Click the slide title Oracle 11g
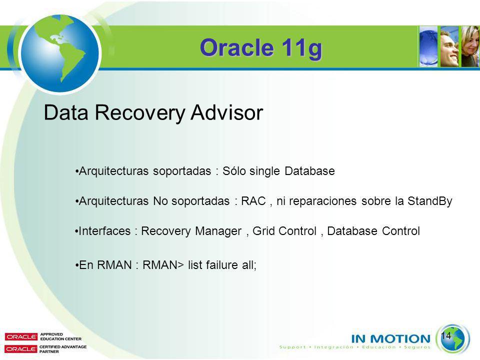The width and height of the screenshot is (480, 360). tap(261, 48)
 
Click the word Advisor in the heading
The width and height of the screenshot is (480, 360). tap(226, 112)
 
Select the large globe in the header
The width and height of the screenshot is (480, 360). tap(59, 53)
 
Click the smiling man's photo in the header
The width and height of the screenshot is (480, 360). tap(449, 46)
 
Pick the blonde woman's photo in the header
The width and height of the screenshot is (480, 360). tap(470, 46)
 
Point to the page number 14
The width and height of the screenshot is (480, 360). tap(446, 335)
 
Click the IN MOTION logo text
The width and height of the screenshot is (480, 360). tap(391, 338)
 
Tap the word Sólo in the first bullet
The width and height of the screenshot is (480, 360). tap(234, 171)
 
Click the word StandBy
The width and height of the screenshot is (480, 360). tap(430, 201)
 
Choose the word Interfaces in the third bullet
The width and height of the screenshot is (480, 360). tap(104, 231)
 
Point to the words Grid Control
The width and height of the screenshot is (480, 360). tap(284, 231)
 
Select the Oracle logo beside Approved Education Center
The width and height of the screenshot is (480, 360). tap(21, 336)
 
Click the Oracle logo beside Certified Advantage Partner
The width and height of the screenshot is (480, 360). tap(21, 349)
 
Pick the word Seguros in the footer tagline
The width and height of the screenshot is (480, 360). tap(417, 347)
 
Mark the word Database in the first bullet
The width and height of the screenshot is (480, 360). tap(309, 171)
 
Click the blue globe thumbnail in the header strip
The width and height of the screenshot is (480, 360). tap(428, 46)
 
